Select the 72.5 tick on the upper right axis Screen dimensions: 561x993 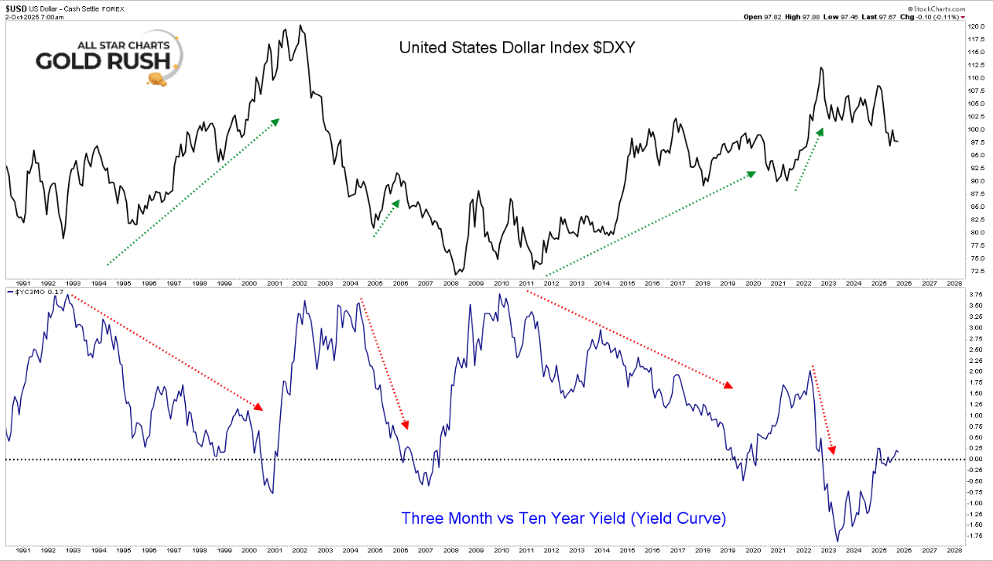[974, 271]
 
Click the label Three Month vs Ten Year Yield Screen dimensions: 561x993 [563, 518]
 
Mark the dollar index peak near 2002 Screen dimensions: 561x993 [300, 26]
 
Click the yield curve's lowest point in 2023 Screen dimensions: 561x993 [837, 540]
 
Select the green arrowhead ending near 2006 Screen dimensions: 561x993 [395, 204]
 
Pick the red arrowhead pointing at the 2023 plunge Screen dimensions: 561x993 [833, 450]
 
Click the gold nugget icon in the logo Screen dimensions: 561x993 [159, 79]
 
